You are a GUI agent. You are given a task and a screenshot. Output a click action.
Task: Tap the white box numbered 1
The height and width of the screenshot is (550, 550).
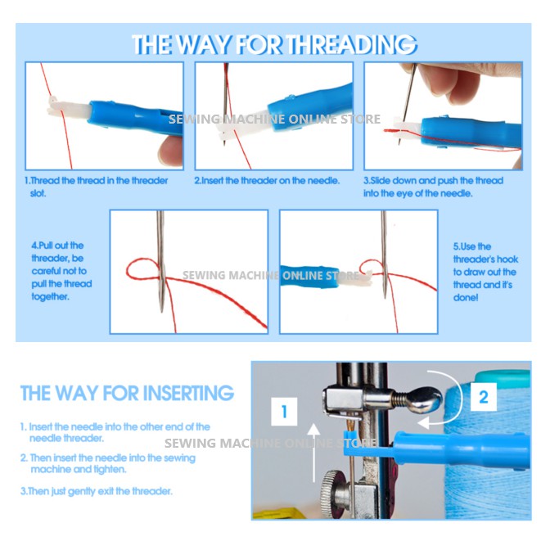(285, 411)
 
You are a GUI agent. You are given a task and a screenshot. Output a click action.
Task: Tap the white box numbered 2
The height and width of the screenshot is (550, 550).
(484, 397)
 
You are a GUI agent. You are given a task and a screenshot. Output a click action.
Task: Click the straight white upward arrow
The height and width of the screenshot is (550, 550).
(314, 453)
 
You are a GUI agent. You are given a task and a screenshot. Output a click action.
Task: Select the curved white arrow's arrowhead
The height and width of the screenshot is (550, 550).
(423, 422)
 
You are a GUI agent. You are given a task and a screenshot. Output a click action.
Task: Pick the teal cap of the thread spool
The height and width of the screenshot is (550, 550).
(503, 377)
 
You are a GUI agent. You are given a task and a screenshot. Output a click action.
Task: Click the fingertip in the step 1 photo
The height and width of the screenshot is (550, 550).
(170, 151)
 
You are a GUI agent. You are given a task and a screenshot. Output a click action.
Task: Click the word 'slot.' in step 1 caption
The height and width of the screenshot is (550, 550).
(38, 193)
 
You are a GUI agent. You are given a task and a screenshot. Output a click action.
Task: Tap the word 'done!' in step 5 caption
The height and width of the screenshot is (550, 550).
(466, 298)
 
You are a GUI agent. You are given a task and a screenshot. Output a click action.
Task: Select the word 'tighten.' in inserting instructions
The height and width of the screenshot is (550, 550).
(110, 470)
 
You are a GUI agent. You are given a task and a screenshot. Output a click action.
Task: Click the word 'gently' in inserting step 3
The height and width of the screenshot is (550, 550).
(82, 492)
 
